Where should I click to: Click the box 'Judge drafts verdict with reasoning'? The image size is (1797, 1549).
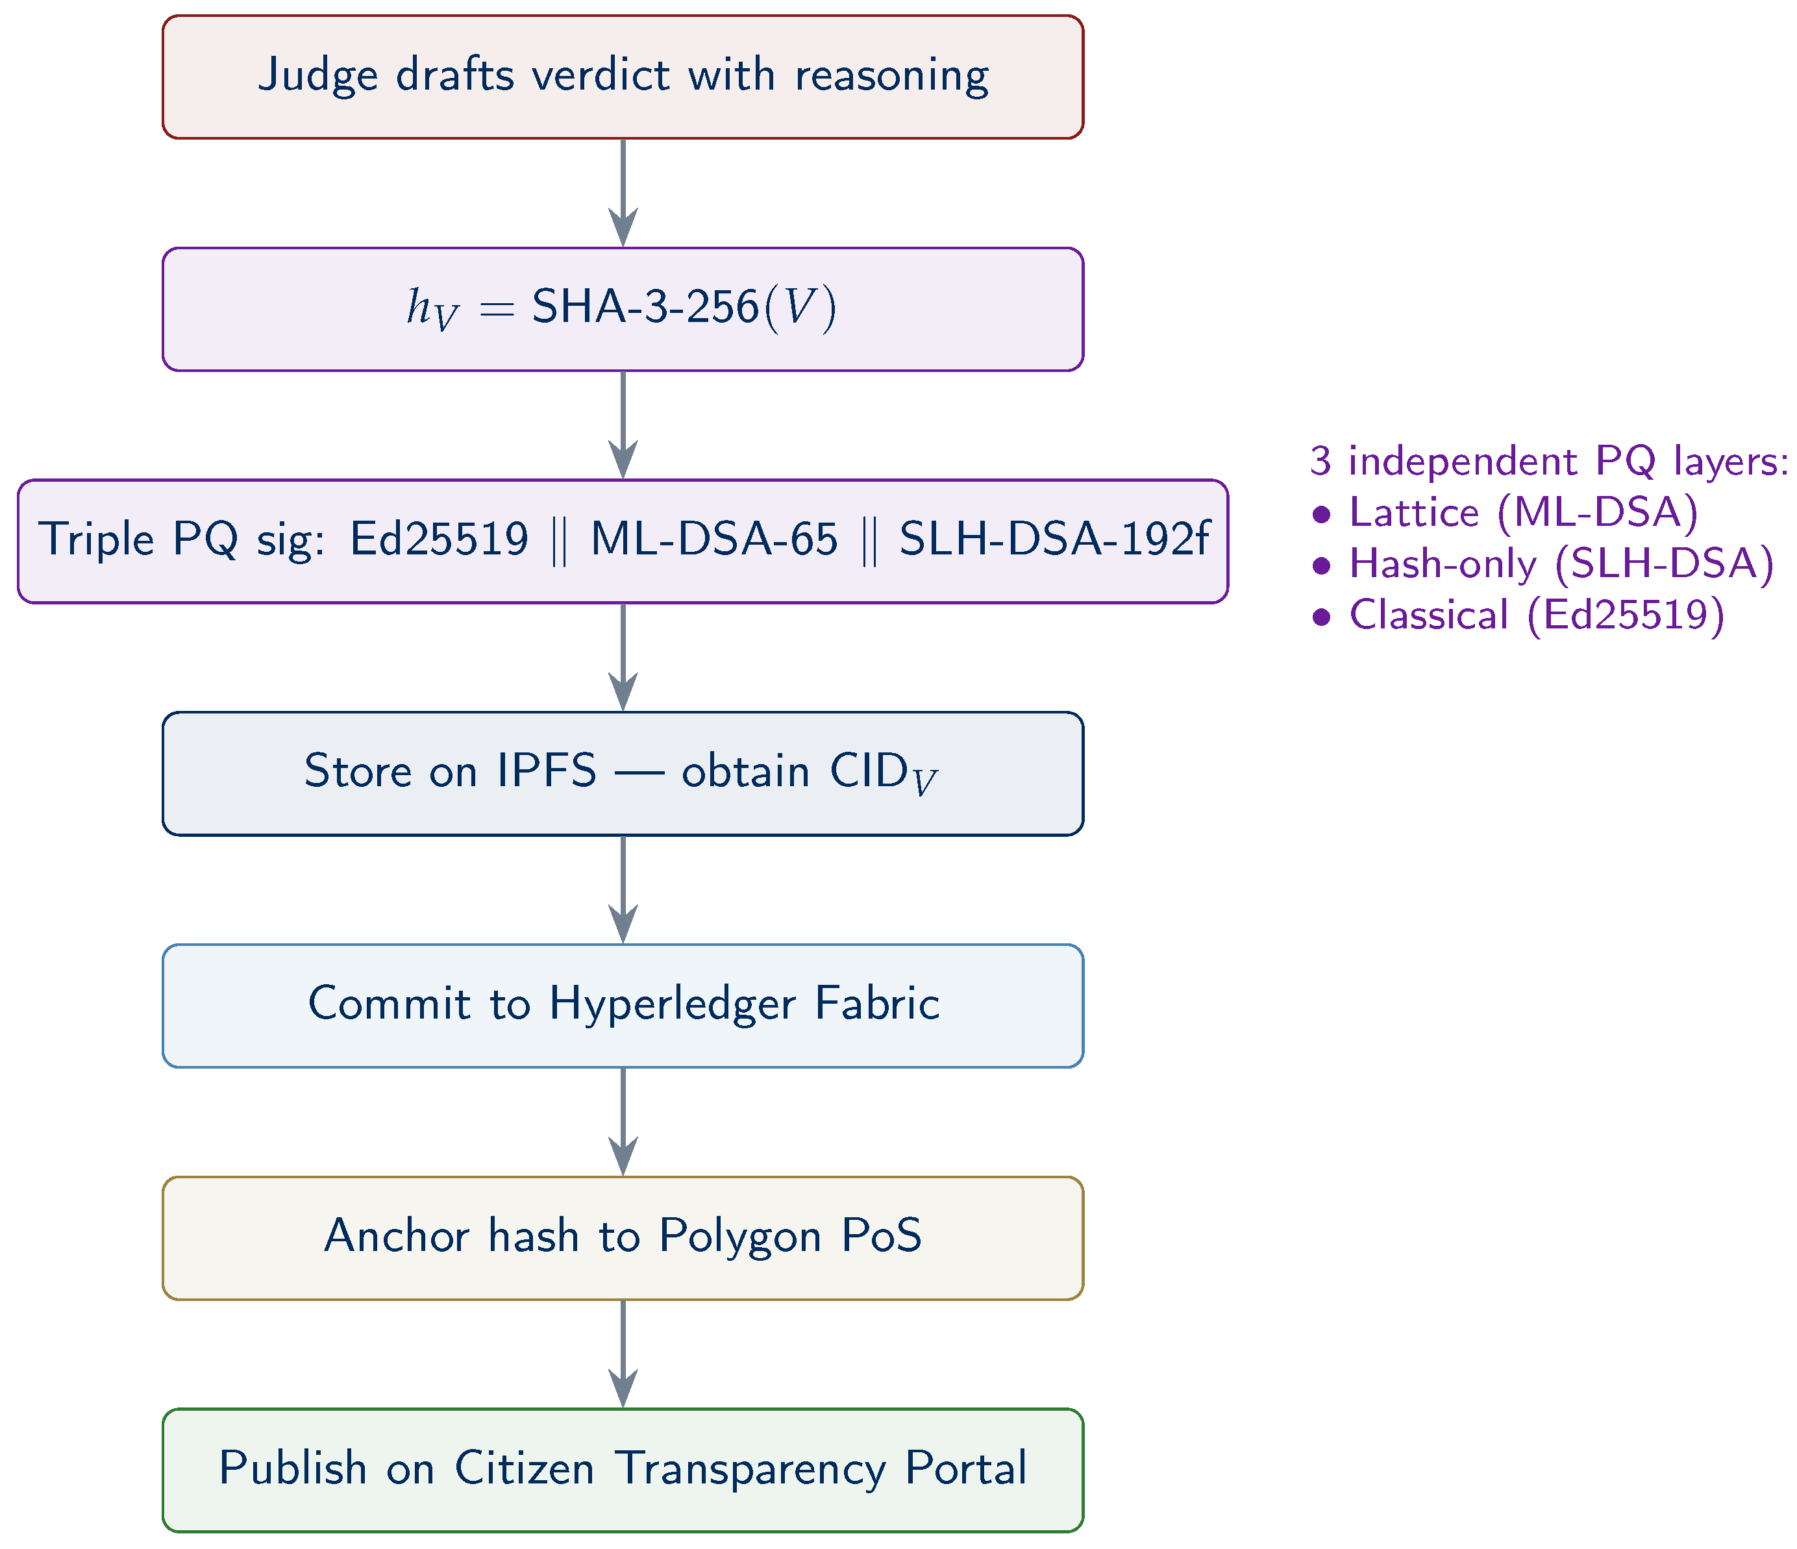[x=623, y=77]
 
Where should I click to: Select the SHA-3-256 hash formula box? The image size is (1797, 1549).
[x=623, y=309]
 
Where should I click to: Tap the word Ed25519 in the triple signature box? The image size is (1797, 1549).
[x=439, y=539]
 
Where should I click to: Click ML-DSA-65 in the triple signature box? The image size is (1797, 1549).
[x=713, y=539]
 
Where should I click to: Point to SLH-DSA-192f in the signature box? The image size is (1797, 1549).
[x=1054, y=539]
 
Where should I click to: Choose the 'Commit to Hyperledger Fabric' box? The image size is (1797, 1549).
[x=623, y=1005]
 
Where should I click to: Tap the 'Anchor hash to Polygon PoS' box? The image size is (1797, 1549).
[x=623, y=1237]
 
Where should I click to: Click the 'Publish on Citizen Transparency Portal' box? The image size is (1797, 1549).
[x=623, y=1470]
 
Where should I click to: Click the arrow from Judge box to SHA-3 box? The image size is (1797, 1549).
[x=623, y=193]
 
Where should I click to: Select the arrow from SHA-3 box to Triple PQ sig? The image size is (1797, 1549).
[x=623, y=425]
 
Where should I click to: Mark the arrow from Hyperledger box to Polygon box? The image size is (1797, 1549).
[x=623, y=1121]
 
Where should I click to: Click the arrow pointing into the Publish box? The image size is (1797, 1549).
[x=623, y=1354]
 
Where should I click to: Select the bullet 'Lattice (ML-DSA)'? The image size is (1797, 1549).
[x=1505, y=513]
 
